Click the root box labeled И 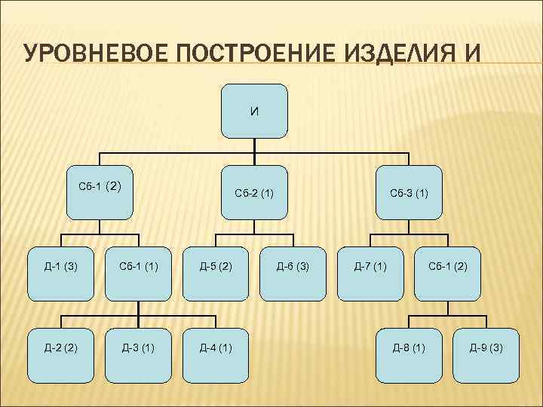[255, 111]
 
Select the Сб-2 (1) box [255, 192]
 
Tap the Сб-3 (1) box [409, 192]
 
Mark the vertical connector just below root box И [255, 146]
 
